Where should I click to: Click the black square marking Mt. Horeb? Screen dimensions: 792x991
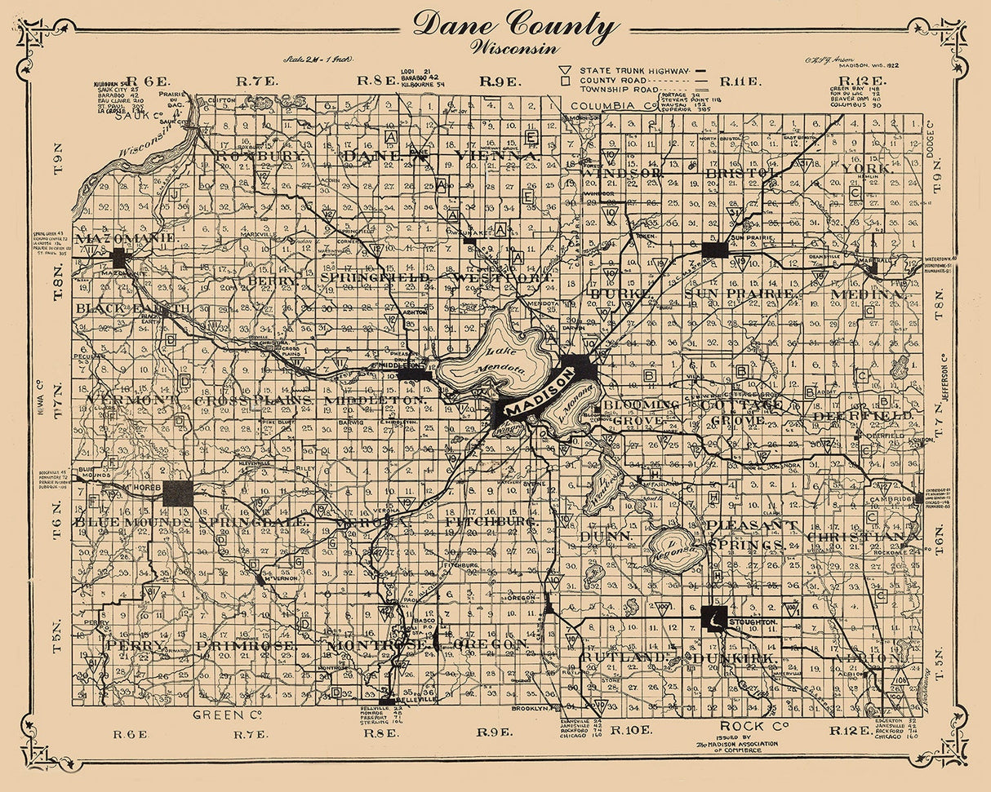(x=178, y=493)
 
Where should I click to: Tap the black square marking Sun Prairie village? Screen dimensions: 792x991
(x=714, y=249)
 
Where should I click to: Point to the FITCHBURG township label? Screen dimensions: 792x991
(x=491, y=520)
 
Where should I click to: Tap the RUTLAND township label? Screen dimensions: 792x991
(x=618, y=657)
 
